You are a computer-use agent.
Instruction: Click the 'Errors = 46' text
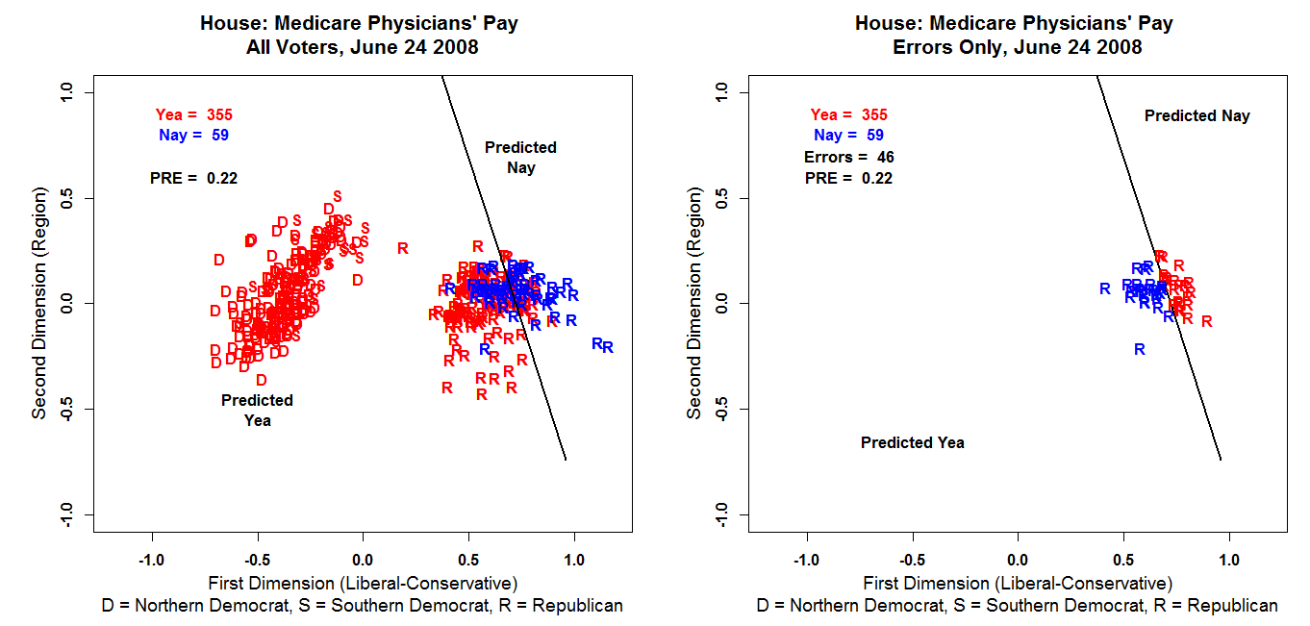coord(849,157)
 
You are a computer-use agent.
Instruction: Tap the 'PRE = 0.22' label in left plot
coord(193,178)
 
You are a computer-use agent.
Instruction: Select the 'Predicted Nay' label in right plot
coord(1197,116)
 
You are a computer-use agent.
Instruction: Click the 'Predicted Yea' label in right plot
coord(912,443)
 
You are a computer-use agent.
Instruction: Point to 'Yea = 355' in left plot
coord(193,115)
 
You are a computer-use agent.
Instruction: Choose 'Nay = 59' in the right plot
coord(848,136)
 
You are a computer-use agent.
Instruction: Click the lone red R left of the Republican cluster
coord(402,248)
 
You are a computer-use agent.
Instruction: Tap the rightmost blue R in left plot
coord(608,347)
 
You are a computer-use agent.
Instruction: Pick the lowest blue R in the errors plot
coord(1140,350)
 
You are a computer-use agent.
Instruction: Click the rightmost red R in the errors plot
coord(1207,321)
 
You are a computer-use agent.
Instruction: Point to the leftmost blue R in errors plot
coord(1105,288)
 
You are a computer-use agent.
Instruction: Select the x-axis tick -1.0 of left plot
coord(152,559)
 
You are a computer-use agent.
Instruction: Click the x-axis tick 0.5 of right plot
coord(1123,559)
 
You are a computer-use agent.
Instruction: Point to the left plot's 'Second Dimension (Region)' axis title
coord(39,304)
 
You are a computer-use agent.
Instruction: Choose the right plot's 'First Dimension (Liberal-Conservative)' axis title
coord(1018,583)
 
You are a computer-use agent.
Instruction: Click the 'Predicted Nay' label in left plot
coord(520,158)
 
